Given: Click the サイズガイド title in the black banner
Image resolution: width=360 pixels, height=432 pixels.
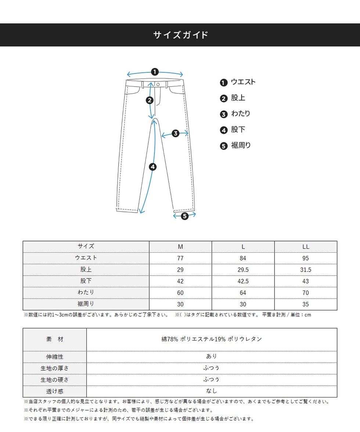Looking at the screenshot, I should [x=180, y=35].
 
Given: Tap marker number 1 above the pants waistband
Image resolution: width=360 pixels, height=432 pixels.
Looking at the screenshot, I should [x=155, y=72].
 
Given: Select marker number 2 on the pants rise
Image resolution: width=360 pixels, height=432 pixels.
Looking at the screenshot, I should [x=150, y=100].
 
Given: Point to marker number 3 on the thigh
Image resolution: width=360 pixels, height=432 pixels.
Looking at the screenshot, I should [x=175, y=133].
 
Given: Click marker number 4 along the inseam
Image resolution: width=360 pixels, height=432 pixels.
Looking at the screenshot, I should [x=153, y=167].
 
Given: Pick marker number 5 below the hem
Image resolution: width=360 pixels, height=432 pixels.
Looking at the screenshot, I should [x=184, y=216].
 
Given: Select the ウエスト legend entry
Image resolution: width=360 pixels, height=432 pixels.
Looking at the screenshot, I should [x=243, y=82].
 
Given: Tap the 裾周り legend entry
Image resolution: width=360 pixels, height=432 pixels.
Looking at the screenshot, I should [x=241, y=145].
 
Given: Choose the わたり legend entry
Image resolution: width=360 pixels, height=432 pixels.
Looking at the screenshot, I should [x=241, y=114].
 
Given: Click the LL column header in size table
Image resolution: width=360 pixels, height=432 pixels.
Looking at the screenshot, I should [x=306, y=246].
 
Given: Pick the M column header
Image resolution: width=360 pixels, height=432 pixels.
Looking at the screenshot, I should [x=180, y=246].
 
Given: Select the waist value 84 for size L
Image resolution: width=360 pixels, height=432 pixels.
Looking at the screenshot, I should [x=243, y=258].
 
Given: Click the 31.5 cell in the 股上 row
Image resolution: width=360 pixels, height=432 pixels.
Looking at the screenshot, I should [x=306, y=270].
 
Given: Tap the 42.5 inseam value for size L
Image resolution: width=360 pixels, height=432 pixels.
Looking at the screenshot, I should [x=243, y=281].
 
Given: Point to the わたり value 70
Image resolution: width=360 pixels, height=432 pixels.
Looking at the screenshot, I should [x=306, y=293].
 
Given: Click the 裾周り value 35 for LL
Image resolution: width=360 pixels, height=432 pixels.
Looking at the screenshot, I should [x=306, y=304].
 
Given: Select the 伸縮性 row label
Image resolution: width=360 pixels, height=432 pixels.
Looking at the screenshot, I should [x=55, y=357].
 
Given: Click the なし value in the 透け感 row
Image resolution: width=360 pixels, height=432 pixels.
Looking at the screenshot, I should [x=212, y=391].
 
